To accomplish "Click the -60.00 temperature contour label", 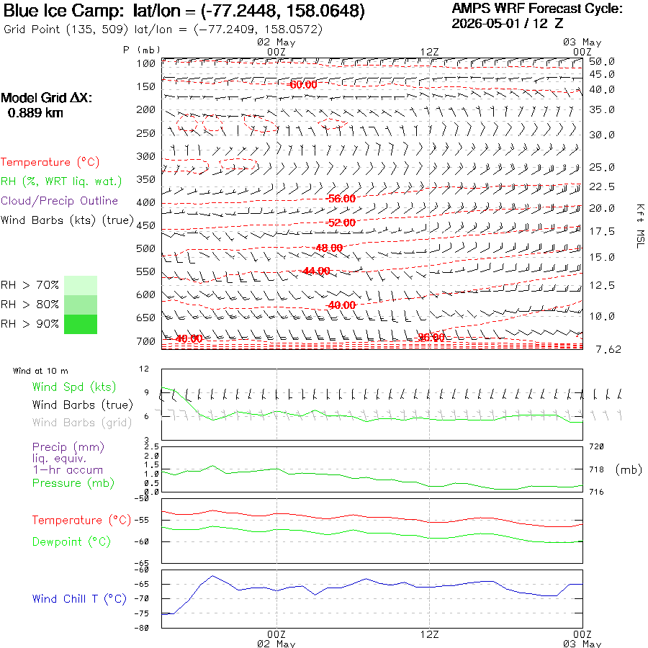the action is (x=303, y=85).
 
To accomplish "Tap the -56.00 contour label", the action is (x=341, y=199).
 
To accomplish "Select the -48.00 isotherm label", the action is (x=329, y=248).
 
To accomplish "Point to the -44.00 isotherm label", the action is (x=316, y=271).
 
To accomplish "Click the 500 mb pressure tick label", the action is (x=145, y=249).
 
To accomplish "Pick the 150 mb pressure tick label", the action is (x=145, y=87).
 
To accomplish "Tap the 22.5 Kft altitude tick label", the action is (x=602, y=186).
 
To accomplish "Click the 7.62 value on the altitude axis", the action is (x=608, y=350).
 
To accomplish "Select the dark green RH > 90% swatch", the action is (x=81, y=325).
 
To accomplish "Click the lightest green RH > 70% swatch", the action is (x=81, y=285).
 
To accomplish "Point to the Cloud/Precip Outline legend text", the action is (x=60, y=201).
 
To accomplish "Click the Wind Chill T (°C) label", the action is (x=79, y=599).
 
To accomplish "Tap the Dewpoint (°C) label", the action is (x=71, y=541).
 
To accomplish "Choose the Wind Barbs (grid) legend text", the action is (x=82, y=423).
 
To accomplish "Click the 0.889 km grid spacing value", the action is (x=35, y=113).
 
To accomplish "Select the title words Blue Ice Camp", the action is (x=63, y=11).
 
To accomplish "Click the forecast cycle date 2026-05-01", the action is (x=485, y=24).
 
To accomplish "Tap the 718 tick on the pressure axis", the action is (x=596, y=469).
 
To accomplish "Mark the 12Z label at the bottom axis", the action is (x=429, y=634).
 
